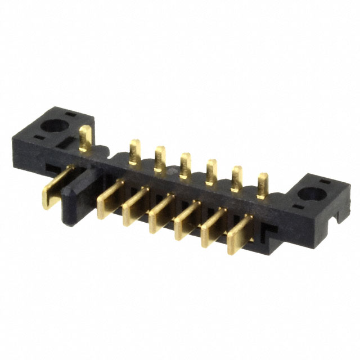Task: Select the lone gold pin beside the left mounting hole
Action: click(x=86, y=138)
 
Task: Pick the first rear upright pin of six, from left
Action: click(x=134, y=152)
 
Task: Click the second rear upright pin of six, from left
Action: click(x=160, y=159)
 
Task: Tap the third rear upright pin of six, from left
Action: click(x=185, y=165)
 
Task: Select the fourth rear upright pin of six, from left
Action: click(x=211, y=172)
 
